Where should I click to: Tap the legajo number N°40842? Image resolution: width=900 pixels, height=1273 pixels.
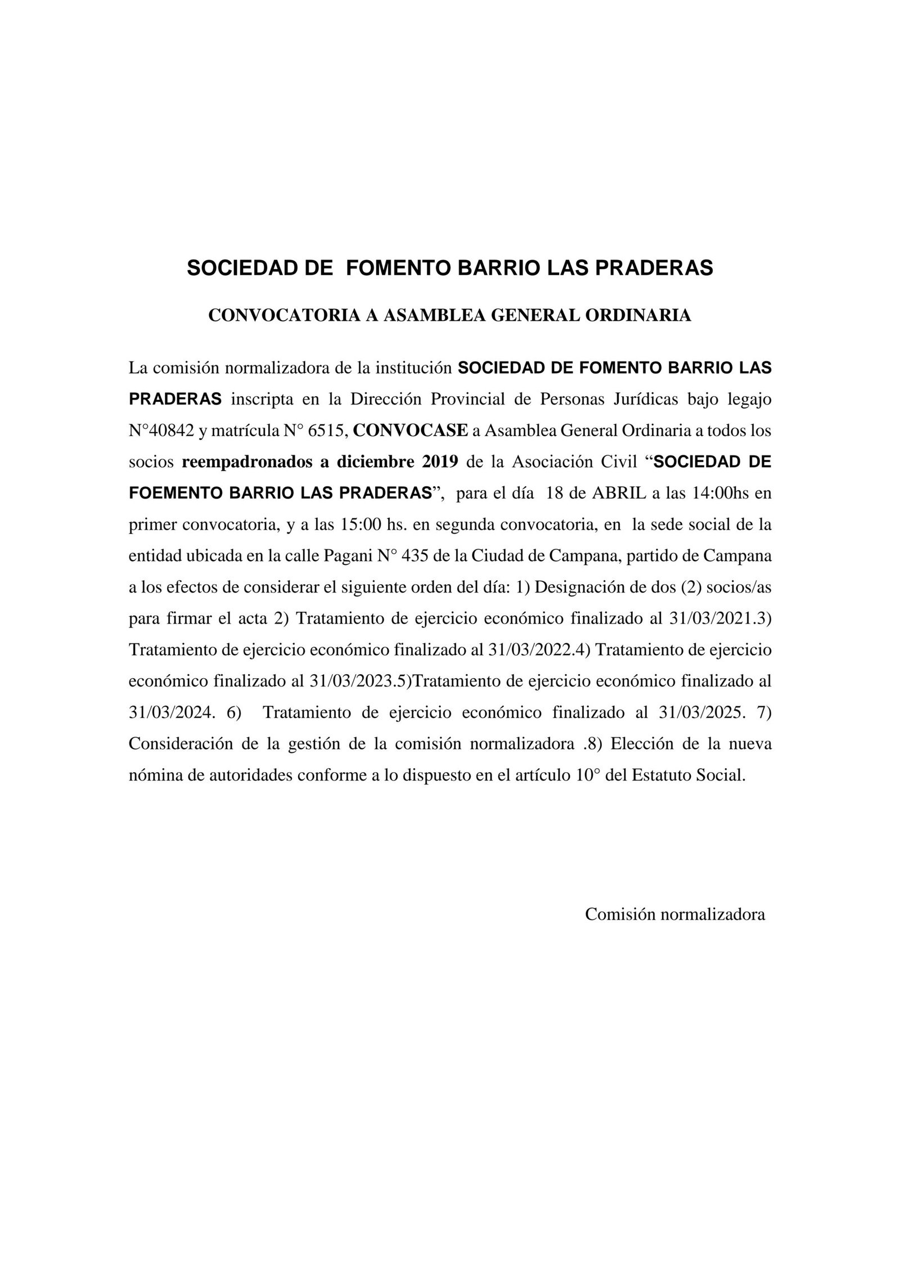(x=161, y=431)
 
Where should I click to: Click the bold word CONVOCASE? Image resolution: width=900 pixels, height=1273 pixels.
(x=411, y=431)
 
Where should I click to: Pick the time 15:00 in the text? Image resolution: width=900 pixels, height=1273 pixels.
(x=358, y=525)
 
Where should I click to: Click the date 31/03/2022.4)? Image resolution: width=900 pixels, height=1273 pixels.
(x=539, y=649)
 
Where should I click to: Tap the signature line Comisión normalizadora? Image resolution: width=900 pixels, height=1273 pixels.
(x=674, y=914)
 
